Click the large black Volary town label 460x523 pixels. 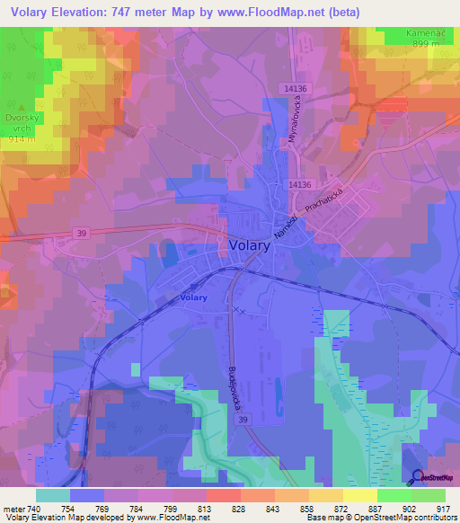pos(247,244)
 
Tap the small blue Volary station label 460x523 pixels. pos(193,297)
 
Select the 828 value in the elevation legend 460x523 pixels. pos(238,509)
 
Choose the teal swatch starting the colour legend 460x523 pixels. pos(53,495)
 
